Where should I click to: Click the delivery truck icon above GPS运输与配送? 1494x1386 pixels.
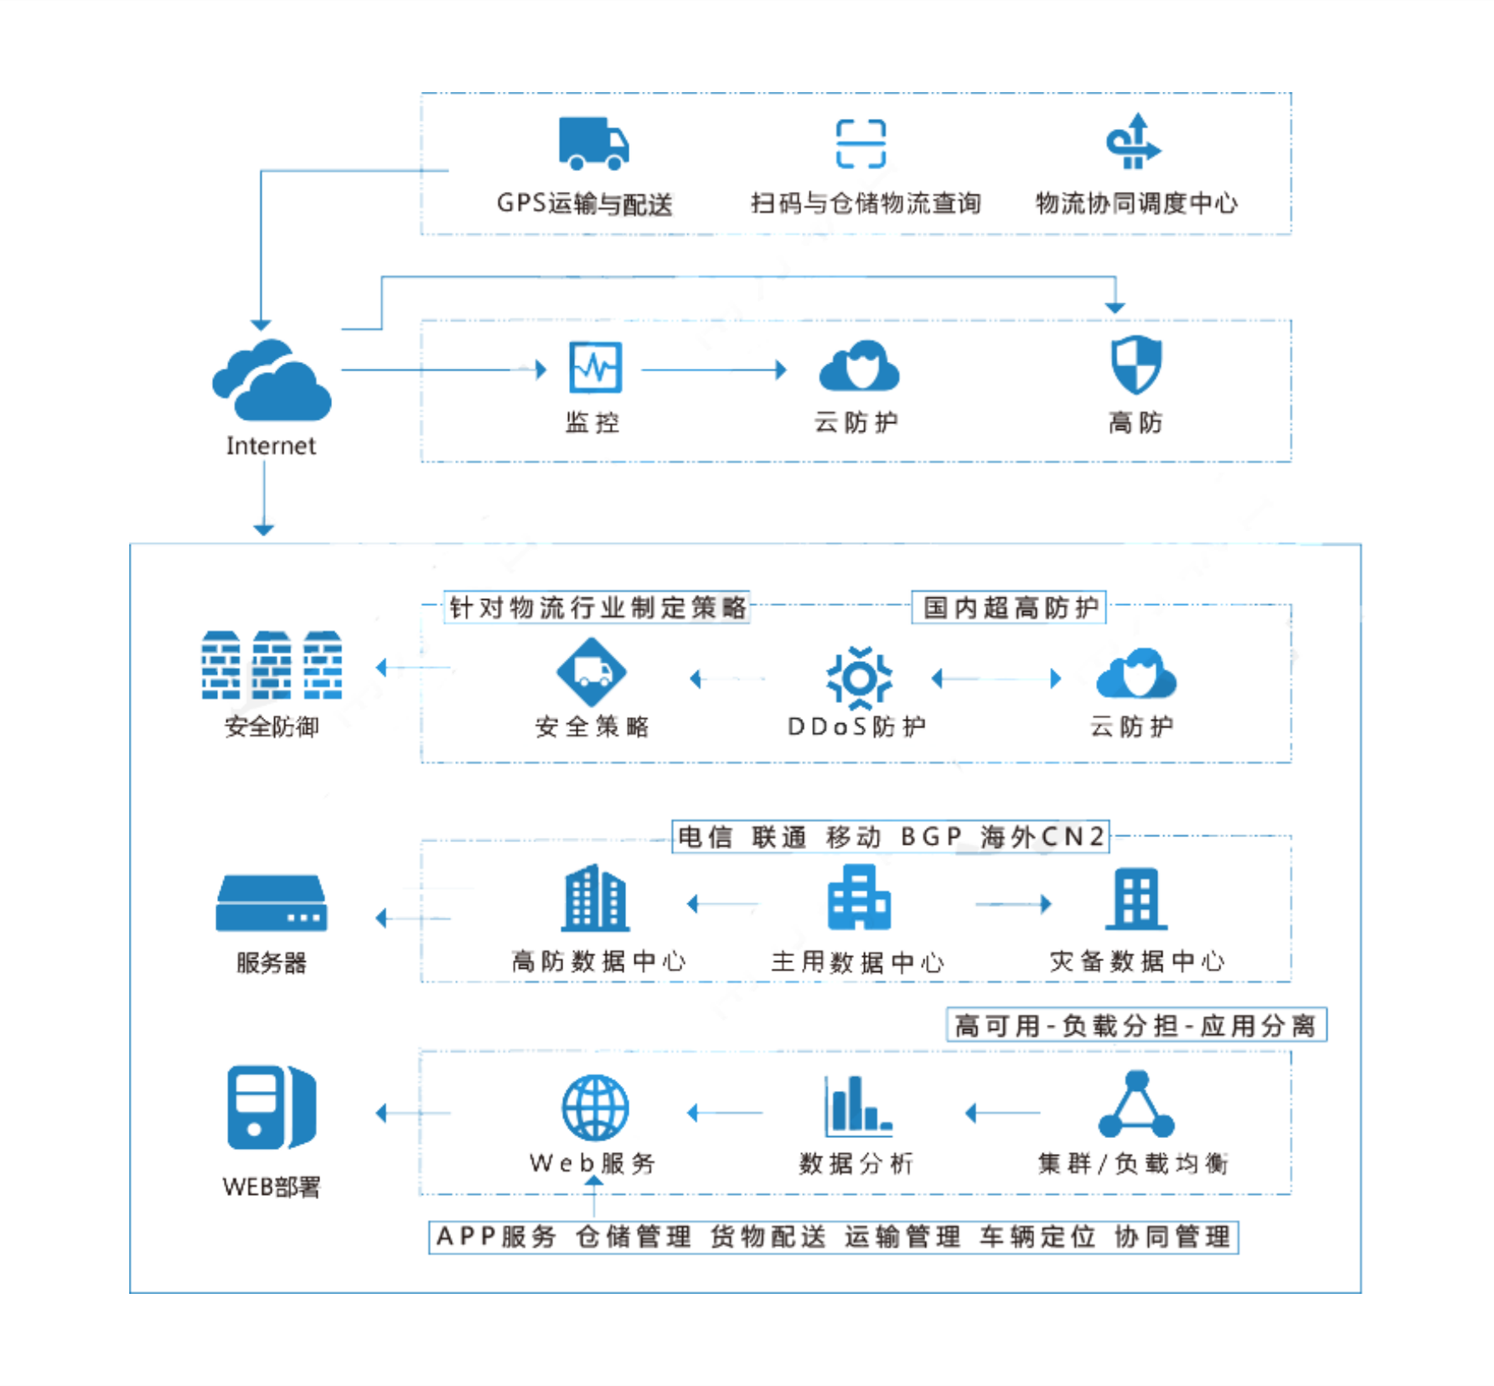(593, 143)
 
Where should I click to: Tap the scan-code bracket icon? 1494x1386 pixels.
(861, 143)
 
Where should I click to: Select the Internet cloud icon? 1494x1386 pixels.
(271, 381)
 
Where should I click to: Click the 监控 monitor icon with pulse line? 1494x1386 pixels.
(595, 367)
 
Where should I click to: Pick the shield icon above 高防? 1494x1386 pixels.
(1135, 365)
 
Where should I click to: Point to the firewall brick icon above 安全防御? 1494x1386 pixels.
(271, 665)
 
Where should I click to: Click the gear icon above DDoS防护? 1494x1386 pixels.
(859, 677)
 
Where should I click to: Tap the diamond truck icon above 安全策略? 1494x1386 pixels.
(592, 672)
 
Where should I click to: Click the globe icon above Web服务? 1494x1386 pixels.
(595, 1107)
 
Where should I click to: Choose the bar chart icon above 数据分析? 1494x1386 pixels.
(857, 1105)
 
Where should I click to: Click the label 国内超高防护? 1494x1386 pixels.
(1009, 608)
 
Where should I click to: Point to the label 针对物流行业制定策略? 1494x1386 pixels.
(597, 608)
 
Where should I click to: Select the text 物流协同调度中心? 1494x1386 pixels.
(1136, 203)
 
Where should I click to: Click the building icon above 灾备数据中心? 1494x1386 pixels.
(1136, 899)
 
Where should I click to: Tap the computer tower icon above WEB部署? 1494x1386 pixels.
(271, 1108)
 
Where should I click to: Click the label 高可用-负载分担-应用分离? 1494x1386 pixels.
(1135, 1025)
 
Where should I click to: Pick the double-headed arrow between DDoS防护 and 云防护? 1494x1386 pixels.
(996, 678)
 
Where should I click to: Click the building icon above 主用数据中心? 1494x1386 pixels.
(858, 897)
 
